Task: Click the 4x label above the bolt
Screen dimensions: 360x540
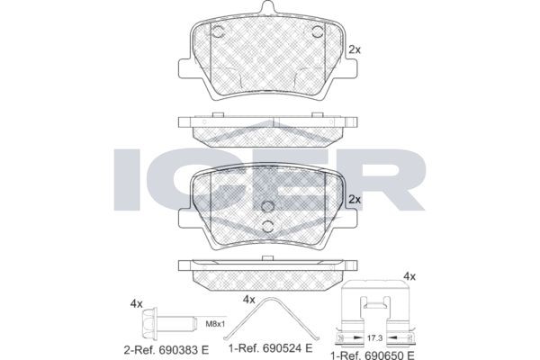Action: (x=136, y=304)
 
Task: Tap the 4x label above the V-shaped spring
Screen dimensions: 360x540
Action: (x=249, y=299)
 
